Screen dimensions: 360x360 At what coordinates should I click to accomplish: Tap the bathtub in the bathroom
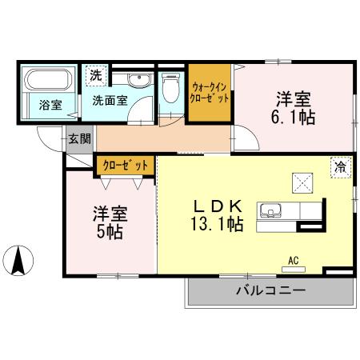[x=47, y=82]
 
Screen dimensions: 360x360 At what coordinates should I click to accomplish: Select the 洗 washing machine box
[x=95, y=76]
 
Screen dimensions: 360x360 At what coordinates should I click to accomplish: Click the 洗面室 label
[x=109, y=101]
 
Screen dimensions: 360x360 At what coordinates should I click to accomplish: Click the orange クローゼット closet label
[x=125, y=165]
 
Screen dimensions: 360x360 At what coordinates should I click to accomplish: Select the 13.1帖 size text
[x=216, y=225]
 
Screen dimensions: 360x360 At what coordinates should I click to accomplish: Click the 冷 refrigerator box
[x=341, y=167]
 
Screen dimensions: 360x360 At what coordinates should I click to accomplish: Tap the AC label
[x=294, y=258]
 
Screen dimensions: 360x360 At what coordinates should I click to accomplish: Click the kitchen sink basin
[x=270, y=212]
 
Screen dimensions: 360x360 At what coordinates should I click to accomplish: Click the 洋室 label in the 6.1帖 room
[x=294, y=99]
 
